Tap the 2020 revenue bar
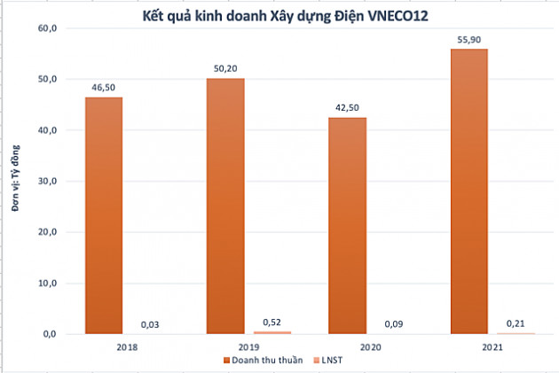pyautogui.click(x=346, y=225)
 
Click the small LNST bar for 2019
pyautogui.click(x=273, y=332)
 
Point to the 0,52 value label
pyautogui.click(x=273, y=322)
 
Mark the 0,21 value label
pyautogui.click(x=516, y=324)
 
